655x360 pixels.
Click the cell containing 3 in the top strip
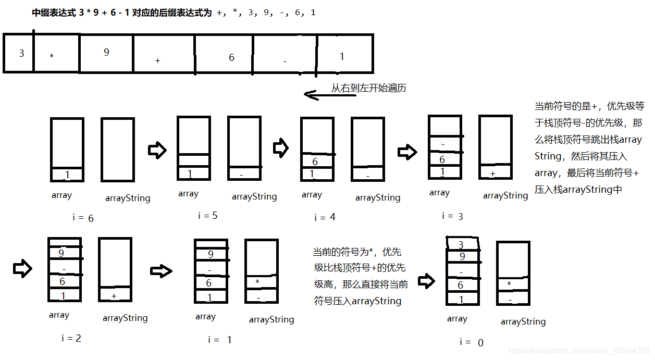click(19, 53)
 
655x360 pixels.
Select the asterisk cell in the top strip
click(56, 53)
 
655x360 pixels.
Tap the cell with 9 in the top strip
click(106, 53)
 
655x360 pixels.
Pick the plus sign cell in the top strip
click(164, 53)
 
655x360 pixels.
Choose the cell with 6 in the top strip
click(224, 53)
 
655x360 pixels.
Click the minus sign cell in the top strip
click(285, 53)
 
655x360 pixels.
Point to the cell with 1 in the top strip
click(344, 53)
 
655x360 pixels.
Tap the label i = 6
click(83, 218)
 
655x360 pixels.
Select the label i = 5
click(208, 216)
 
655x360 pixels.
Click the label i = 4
click(325, 217)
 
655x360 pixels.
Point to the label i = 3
click(452, 216)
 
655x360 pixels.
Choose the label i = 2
click(71, 338)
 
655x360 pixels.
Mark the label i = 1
click(219, 340)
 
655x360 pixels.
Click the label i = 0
click(472, 342)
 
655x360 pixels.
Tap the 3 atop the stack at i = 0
click(461, 244)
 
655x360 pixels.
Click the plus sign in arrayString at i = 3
click(493, 172)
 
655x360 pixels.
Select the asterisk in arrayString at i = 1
click(257, 282)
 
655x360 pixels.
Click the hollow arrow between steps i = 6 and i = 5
click(157, 151)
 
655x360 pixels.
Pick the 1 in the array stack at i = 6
click(67, 175)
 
